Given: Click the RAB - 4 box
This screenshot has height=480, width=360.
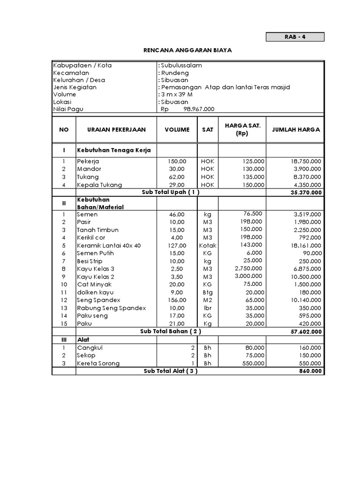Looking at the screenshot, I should pos(295,37).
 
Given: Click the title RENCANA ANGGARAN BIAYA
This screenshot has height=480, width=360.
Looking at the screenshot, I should pos(187,50).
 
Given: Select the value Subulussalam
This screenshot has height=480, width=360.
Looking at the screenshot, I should pos(181,66).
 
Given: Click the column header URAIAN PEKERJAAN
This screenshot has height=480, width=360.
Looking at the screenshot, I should pos(116,129).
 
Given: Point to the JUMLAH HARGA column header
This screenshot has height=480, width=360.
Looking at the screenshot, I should pos(295,129).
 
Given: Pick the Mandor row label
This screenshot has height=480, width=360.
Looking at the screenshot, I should pos(89,169).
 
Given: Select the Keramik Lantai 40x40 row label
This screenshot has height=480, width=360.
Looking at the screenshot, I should pos(109,246).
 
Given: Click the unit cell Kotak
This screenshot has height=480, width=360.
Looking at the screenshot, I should pos(208,246).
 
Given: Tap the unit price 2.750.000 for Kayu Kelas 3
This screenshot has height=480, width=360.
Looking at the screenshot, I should pos(249,269).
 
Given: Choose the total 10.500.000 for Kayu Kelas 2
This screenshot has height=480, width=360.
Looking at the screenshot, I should pos(305,277).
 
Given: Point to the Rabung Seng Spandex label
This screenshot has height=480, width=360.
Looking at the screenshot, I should pos(112,308).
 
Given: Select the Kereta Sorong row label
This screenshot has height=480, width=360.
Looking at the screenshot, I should pos(98,363).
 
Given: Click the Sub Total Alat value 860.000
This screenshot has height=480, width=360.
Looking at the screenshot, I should pos(310,371).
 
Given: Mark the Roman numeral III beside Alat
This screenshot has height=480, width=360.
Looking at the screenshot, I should pos(64,339).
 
